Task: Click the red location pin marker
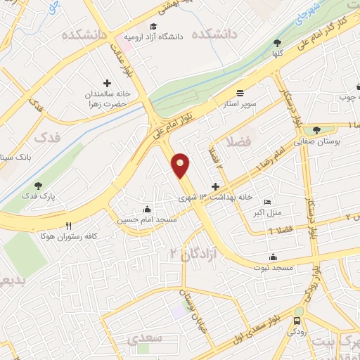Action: coord(181,165)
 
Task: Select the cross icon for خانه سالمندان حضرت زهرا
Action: coord(107,83)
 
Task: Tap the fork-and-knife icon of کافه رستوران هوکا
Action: coord(68,226)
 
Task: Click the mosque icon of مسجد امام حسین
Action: coord(146,209)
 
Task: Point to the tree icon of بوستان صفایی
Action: coord(316,129)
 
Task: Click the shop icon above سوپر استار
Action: coord(240,93)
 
